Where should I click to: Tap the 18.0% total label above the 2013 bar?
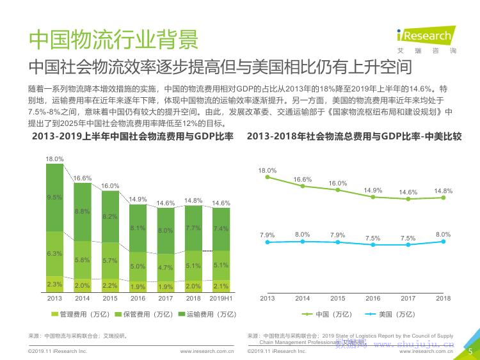[x=54, y=159]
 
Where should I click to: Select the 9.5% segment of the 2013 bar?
[x=54, y=198]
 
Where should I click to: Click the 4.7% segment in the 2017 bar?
[x=166, y=267]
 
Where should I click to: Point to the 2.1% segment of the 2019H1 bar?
[x=221, y=286]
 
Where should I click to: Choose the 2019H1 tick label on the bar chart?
[x=221, y=299]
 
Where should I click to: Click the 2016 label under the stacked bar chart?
[x=138, y=299]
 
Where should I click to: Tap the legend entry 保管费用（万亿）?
[x=144, y=314]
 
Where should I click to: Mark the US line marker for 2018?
[x=443, y=241]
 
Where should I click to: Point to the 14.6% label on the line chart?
[x=408, y=192]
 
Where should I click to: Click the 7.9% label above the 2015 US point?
[x=337, y=235]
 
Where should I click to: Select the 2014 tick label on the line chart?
[x=302, y=299]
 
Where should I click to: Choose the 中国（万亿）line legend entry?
[x=327, y=314]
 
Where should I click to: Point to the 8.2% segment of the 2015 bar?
[x=110, y=217]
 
